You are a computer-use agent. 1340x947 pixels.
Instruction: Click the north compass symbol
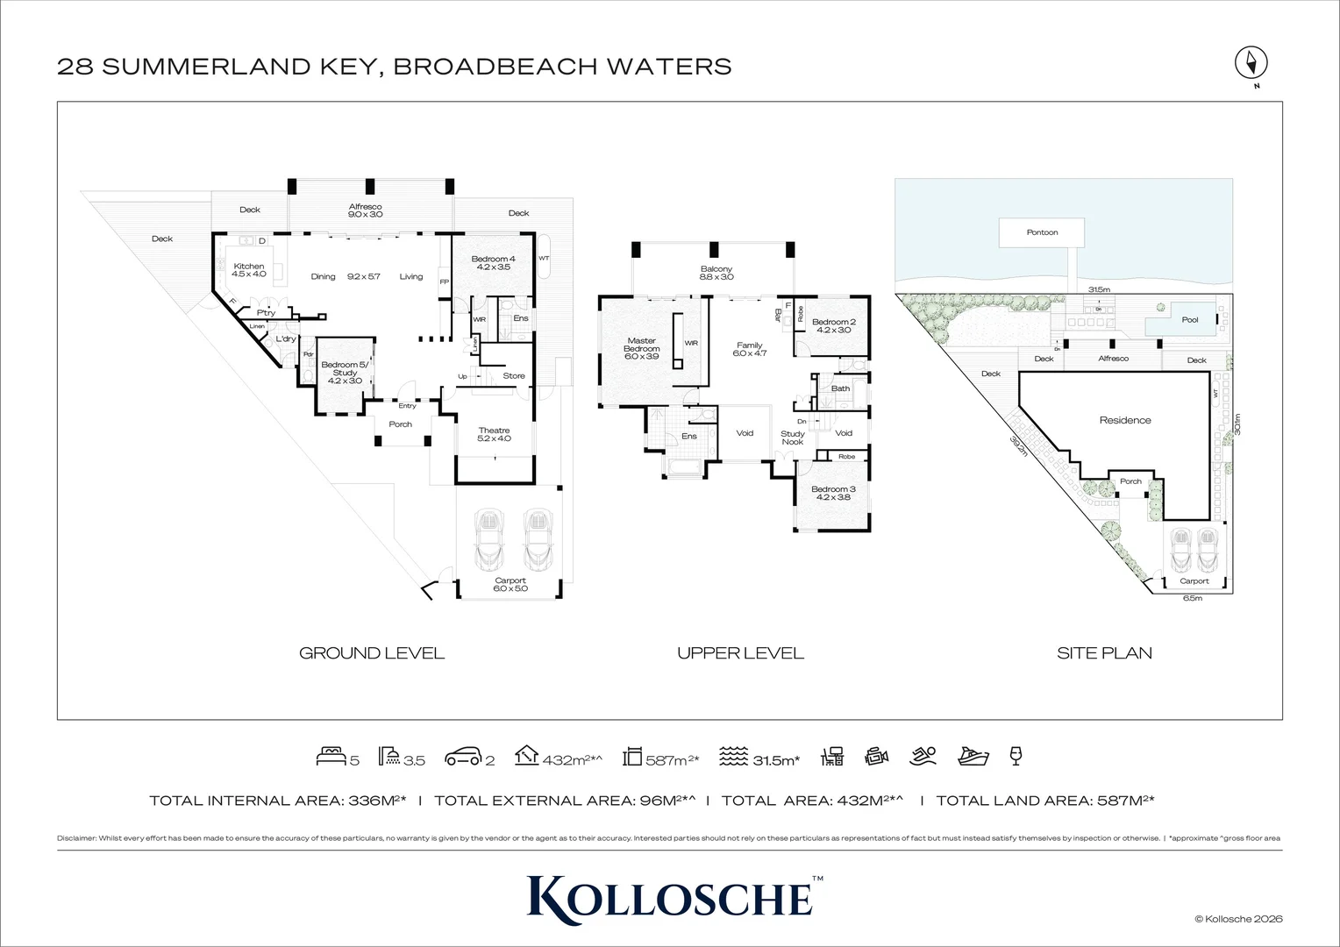coord(1251,64)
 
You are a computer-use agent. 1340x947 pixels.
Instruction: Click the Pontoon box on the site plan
coord(1042,233)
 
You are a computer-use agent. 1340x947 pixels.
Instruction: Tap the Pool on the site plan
coord(1188,320)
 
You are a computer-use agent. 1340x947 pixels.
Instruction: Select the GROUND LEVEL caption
coord(372,653)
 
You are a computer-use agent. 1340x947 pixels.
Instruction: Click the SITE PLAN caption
coord(1104,653)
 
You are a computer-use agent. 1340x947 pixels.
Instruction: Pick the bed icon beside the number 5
coord(331,757)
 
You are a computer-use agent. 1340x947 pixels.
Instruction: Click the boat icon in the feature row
coord(973,756)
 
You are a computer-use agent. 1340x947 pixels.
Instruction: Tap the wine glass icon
coord(1016,756)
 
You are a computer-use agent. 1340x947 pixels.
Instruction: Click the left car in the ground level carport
coord(488,539)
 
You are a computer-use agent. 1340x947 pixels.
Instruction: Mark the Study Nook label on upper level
coord(793,438)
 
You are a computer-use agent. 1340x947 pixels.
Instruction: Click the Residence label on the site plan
coord(1125,420)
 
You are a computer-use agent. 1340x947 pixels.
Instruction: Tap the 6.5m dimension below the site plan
coord(1192,598)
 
